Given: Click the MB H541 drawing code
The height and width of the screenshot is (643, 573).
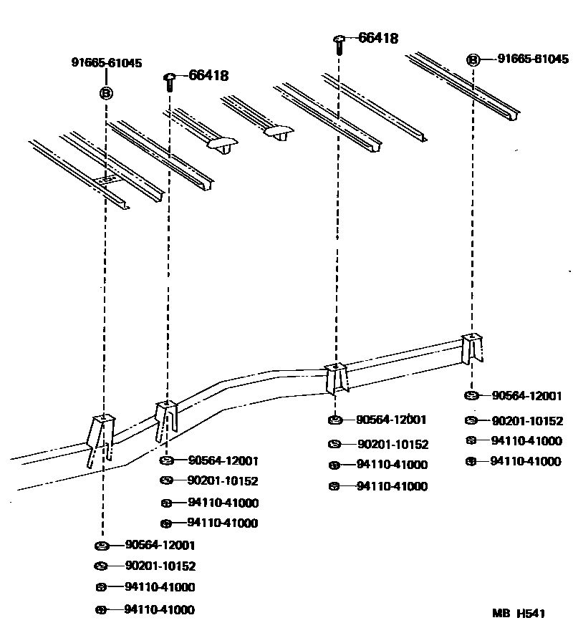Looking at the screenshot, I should click(519, 613).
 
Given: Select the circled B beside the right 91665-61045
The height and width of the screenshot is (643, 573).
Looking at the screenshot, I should click(473, 60).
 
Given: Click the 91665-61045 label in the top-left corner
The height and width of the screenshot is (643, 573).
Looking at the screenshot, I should click(106, 63).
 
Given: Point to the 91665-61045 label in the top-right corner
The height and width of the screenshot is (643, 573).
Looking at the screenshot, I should click(533, 59).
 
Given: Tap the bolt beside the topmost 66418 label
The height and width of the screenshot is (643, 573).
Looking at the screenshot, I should click(340, 44).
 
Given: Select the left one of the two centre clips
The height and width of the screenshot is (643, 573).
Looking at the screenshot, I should click(221, 144).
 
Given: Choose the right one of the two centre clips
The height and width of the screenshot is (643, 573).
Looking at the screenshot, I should click(278, 133).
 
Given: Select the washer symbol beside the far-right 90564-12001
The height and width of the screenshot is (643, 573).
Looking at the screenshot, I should click(471, 396).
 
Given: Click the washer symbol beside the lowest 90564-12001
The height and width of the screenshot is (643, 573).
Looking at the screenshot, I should click(101, 546).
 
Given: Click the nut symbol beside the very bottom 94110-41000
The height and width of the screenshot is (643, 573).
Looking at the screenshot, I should click(101, 610).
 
